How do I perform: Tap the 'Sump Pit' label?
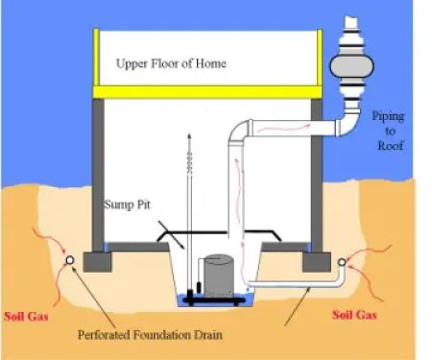tap(127, 205)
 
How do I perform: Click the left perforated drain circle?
tap(70, 260)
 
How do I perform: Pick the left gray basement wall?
tap(98, 173)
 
